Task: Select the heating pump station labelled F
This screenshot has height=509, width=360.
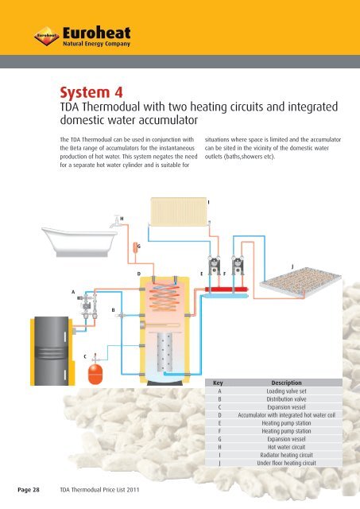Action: point(238,269)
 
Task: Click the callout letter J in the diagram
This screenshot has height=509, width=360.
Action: point(292,266)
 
